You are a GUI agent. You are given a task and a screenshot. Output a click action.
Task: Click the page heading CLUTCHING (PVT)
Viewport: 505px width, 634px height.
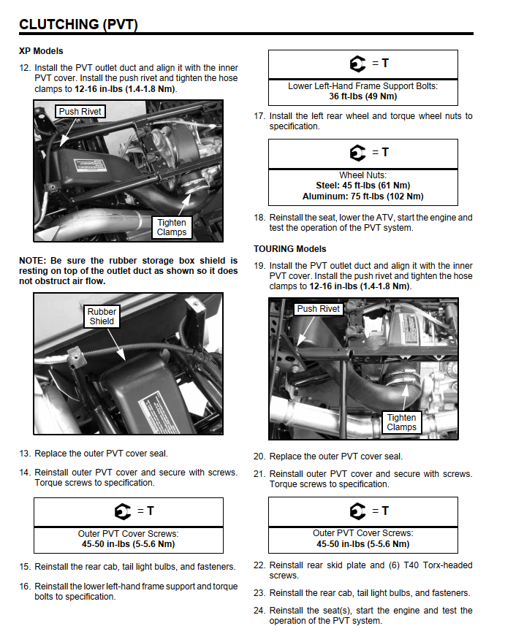[x=78, y=24]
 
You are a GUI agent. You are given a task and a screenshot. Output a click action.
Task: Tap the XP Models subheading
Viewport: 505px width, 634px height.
[x=41, y=51]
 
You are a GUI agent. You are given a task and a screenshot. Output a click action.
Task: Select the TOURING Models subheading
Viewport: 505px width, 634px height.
[x=290, y=249]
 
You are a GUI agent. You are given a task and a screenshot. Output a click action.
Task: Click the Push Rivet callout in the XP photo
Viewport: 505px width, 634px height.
[x=80, y=112]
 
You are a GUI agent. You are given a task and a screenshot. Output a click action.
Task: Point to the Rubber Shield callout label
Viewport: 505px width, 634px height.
[x=102, y=316]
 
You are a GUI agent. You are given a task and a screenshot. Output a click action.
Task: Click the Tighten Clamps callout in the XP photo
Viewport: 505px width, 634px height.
[x=172, y=227]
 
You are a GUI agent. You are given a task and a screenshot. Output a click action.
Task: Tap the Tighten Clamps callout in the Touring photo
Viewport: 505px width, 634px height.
[x=401, y=422]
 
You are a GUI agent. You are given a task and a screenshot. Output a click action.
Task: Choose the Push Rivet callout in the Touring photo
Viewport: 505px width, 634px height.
[x=319, y=309]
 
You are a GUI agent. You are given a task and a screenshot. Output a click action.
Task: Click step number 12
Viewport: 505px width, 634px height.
[x=24, y=68]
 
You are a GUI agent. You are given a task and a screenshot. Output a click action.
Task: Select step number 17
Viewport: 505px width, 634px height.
[x=259, y=116]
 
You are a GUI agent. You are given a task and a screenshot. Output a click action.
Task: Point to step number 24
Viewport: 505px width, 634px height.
[x=259, y=611]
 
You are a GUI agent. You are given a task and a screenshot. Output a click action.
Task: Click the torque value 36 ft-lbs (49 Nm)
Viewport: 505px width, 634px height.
[x=362, y=96]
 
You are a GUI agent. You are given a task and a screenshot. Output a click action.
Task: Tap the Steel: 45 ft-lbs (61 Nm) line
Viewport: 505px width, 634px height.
[x=362, y=186]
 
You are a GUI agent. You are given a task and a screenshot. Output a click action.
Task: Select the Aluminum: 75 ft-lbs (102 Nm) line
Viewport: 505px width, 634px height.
[x=362, y=196]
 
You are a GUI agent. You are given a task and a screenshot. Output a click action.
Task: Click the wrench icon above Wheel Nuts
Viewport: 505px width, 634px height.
[x=357, y=153]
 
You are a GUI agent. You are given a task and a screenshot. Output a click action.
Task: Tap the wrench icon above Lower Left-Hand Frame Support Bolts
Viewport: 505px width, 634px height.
[x=357, y=64]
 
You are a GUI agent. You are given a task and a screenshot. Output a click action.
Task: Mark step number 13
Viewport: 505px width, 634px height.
[x=24, y=454]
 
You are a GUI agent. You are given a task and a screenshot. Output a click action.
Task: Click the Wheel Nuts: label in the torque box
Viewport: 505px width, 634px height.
[x=362, y=175]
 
